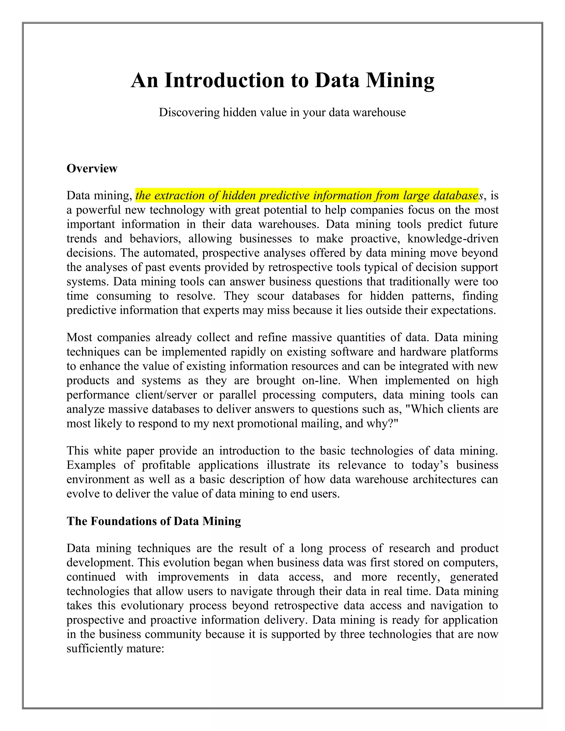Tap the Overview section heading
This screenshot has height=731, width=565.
pos(92,168)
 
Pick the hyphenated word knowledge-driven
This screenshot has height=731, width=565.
pos(452,239)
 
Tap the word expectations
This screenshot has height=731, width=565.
pos(463,310)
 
